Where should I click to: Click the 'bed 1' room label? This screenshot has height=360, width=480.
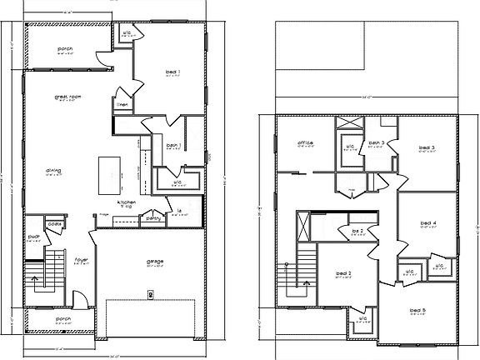click(174, 72)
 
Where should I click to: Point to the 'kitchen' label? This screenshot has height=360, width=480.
click(127, 202)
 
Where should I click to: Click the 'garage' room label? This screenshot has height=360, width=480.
click(155, 262)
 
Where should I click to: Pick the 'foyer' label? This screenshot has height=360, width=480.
click(82, 259)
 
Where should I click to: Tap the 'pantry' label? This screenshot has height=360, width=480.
click(152, 218)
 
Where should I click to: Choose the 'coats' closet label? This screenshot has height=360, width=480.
click(55, 223)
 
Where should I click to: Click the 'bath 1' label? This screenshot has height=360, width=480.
click(173, 146)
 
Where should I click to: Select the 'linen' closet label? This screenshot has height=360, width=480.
click(122, 105)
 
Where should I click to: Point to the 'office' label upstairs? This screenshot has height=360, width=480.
click(305, 143)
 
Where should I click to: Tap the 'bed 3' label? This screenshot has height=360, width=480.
click(427, 147)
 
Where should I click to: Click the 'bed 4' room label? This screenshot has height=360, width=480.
click(428, 222)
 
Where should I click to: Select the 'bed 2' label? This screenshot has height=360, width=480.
click(343, 273)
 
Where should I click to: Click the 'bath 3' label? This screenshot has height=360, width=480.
click(377, 142)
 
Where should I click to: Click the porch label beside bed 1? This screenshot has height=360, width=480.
click(65, 48)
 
